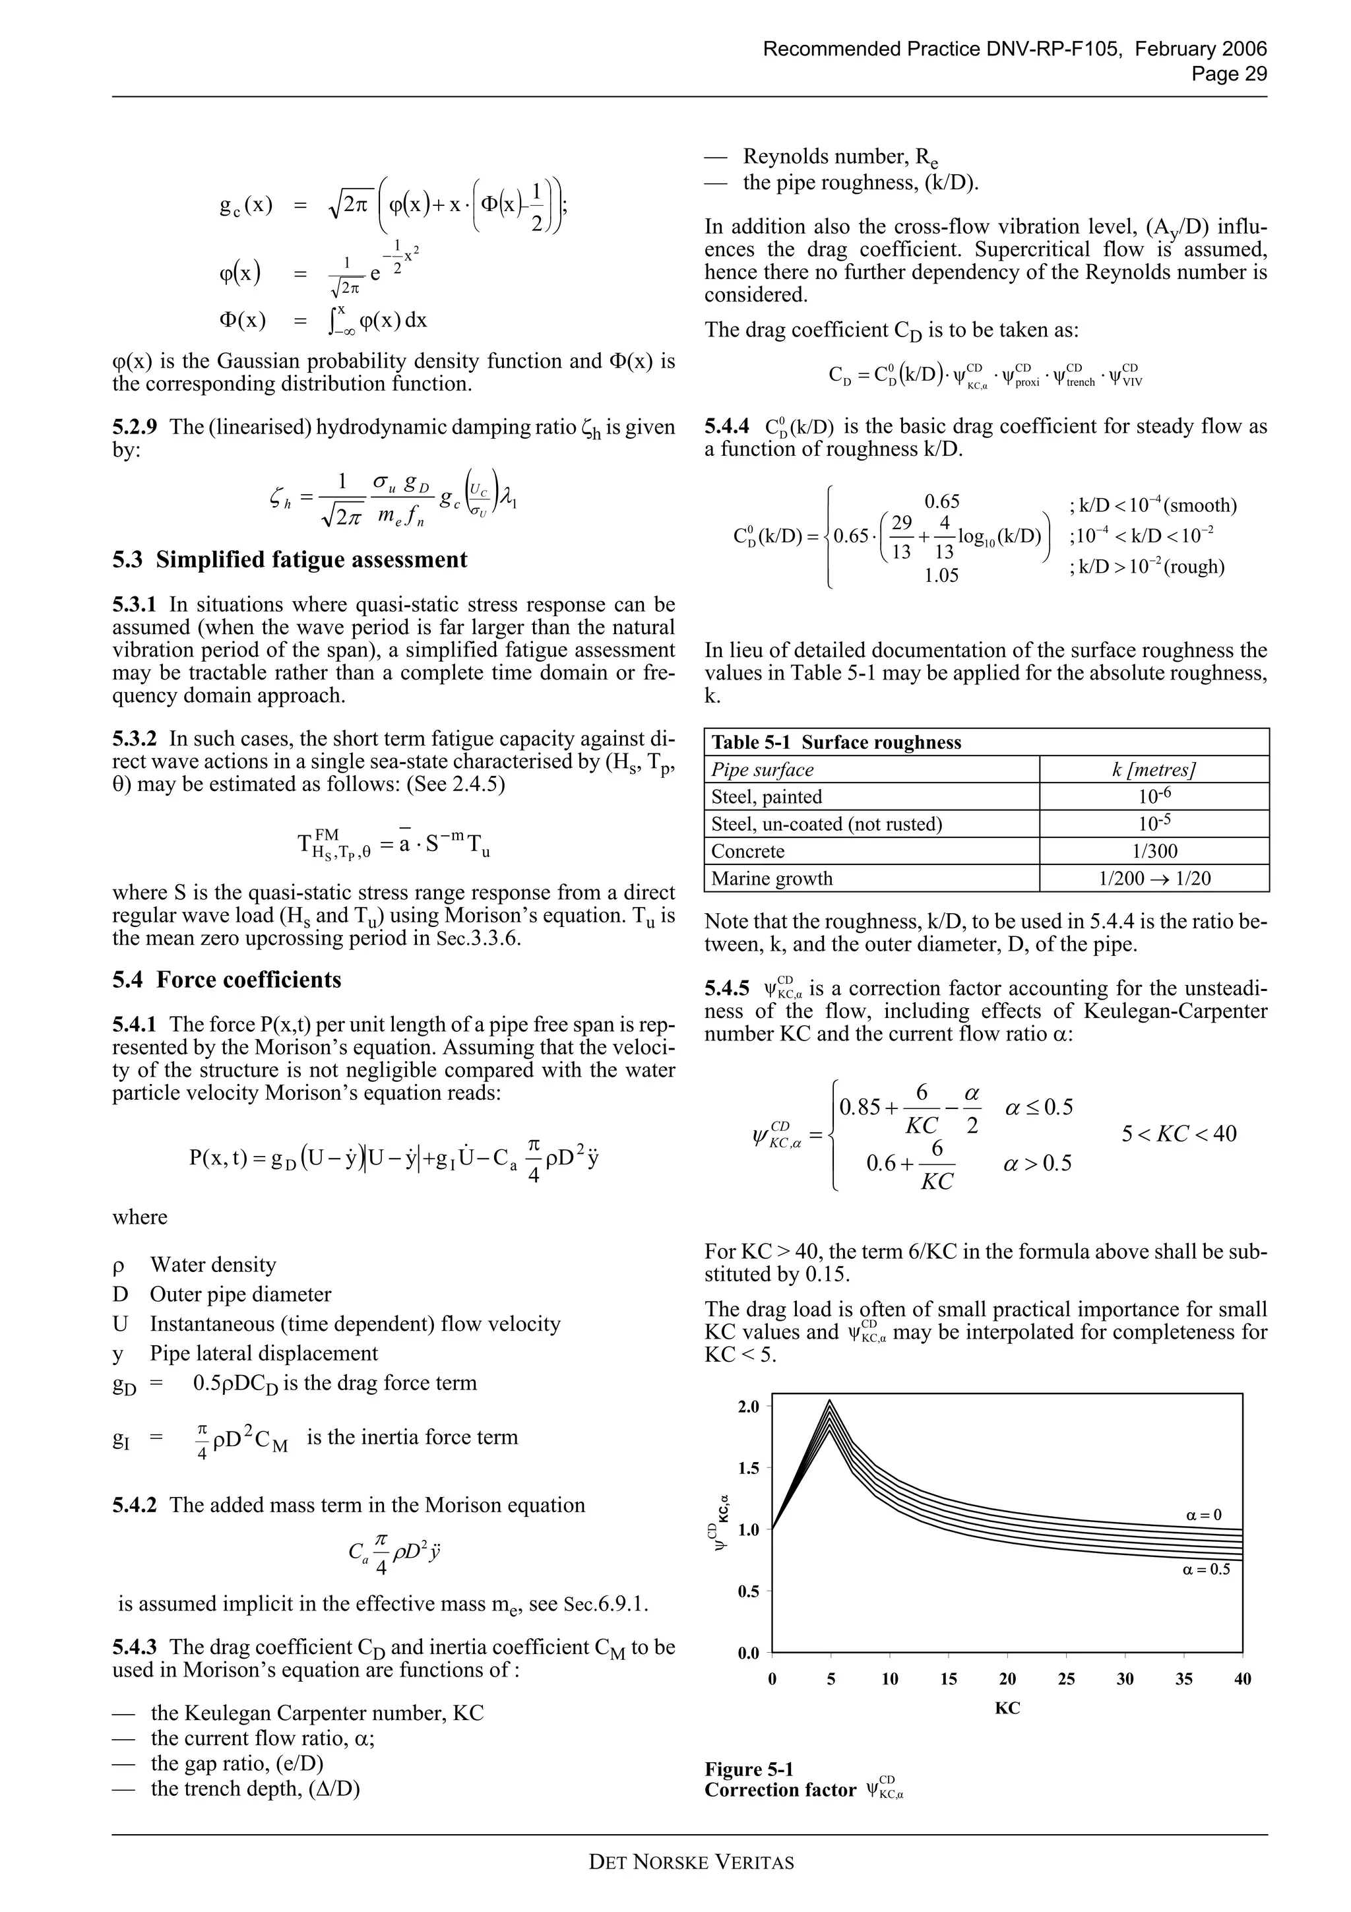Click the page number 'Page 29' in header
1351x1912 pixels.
1229,74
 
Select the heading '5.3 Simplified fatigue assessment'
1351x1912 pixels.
290,559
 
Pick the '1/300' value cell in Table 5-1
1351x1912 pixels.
1154,851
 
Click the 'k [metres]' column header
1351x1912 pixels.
1154,769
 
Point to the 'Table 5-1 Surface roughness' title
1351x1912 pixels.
836,742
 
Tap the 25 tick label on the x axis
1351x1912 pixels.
1066,1679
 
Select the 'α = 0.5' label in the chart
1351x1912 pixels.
1205,1570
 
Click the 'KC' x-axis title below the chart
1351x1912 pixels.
1007,1709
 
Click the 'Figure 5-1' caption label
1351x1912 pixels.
748,1769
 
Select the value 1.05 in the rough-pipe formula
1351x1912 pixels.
941,575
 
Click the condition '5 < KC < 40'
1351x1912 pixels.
1178,1133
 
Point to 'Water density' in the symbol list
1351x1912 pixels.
212,1264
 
